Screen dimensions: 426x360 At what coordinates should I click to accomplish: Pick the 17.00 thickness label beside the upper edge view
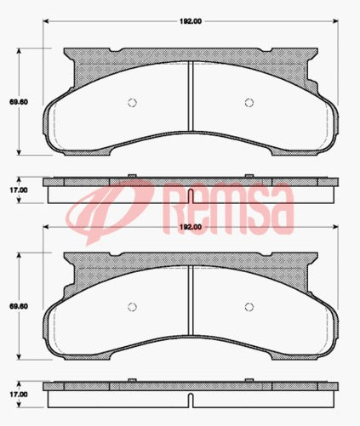click(15, 190)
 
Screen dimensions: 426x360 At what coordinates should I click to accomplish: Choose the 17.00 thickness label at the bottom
click(15, 394)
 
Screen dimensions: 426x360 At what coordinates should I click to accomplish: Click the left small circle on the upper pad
click(131, 104)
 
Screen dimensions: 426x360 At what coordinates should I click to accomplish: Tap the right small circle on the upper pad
click(251, 104)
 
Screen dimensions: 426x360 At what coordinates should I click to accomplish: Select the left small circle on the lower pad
click(131, 308)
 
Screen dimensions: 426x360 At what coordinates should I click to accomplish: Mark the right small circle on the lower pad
click(251, 308)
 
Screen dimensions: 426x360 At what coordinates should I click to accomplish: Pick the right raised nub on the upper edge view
click(249, 176)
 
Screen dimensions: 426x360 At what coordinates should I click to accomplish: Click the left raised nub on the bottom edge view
click(131, 381)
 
